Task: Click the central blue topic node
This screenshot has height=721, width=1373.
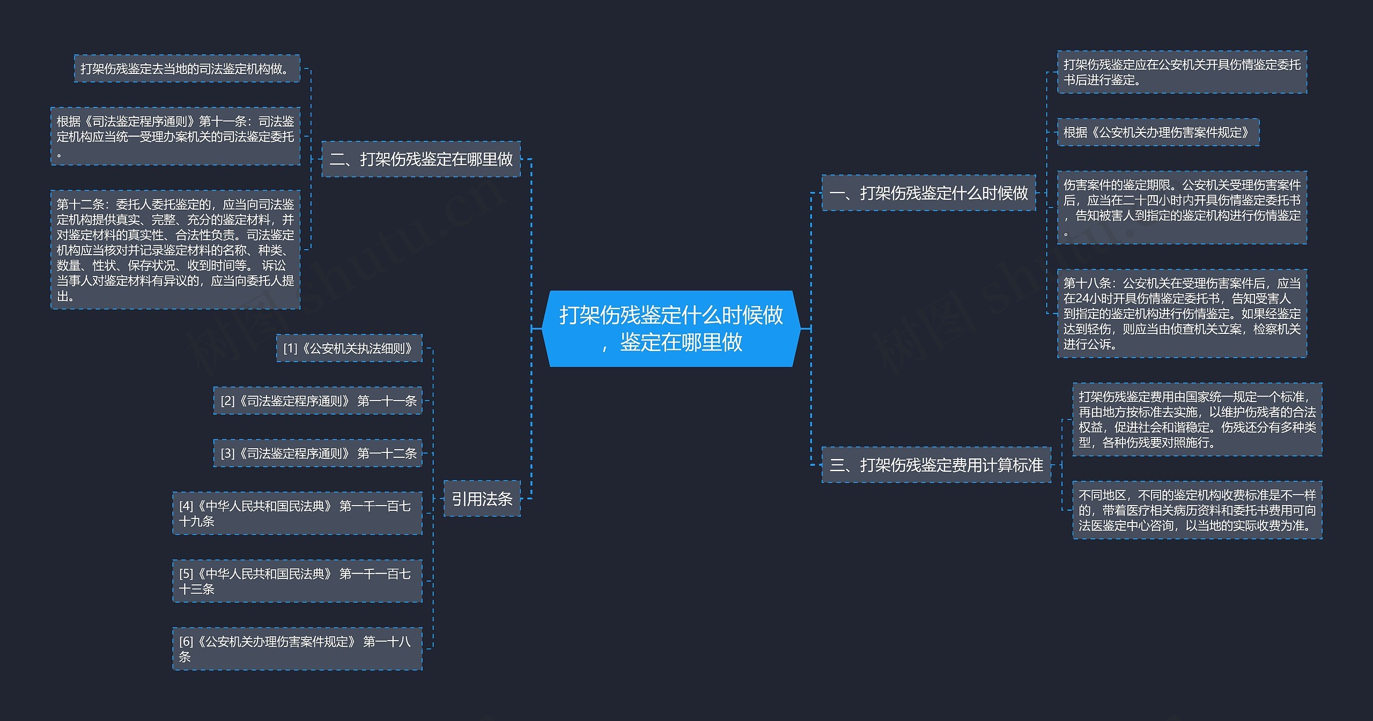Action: [x=671, y=328]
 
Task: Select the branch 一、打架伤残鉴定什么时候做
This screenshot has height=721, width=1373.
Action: [x=928, y=192]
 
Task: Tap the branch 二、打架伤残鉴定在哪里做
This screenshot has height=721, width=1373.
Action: [x=421, y=159]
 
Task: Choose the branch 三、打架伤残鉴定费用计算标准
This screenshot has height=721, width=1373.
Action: [x=936, y=464]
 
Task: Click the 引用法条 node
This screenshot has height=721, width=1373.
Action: [x=482, y=499]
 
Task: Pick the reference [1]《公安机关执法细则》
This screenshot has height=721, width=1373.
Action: [x=349, y=348]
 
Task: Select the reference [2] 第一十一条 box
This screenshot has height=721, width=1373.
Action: [x=318, y=400]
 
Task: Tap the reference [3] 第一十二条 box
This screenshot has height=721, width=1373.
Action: [x=318, y=453]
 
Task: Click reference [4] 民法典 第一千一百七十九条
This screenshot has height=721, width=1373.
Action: [x=297, y=513]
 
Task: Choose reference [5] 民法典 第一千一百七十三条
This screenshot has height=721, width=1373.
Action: [x=297, y=581]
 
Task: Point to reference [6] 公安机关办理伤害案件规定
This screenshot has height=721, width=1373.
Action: [x=297, y=649]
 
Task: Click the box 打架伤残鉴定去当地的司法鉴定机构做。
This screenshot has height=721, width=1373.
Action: [x=187, y=69]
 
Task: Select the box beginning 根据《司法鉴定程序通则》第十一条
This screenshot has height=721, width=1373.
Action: [x=175, y=136]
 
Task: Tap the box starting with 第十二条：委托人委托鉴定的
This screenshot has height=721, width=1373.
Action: [x=175, y=249]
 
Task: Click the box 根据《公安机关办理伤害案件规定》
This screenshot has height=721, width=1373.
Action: [x=1158, y=132]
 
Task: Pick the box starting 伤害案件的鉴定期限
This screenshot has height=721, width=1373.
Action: [x=1182, y=207]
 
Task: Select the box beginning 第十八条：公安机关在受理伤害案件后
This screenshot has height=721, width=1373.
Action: [x=1182, y=313]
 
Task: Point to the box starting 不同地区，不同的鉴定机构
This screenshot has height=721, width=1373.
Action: [x=1197, y=510]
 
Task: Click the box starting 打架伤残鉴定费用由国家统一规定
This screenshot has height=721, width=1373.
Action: [x=1197, y=419]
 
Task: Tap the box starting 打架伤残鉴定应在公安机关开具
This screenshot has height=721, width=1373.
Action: [x=1182, y=72]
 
